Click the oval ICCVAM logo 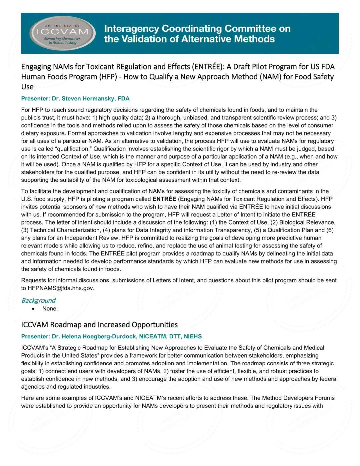[62, 33]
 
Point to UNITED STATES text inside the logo [62, 26]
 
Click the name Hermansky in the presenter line [100, 99]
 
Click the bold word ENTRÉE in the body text [164, 199]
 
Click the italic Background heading [38, 301]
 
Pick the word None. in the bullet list [50, 309]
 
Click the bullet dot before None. [33, 309]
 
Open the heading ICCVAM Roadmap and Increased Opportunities [99, 325]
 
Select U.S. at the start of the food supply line [27, 199]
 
